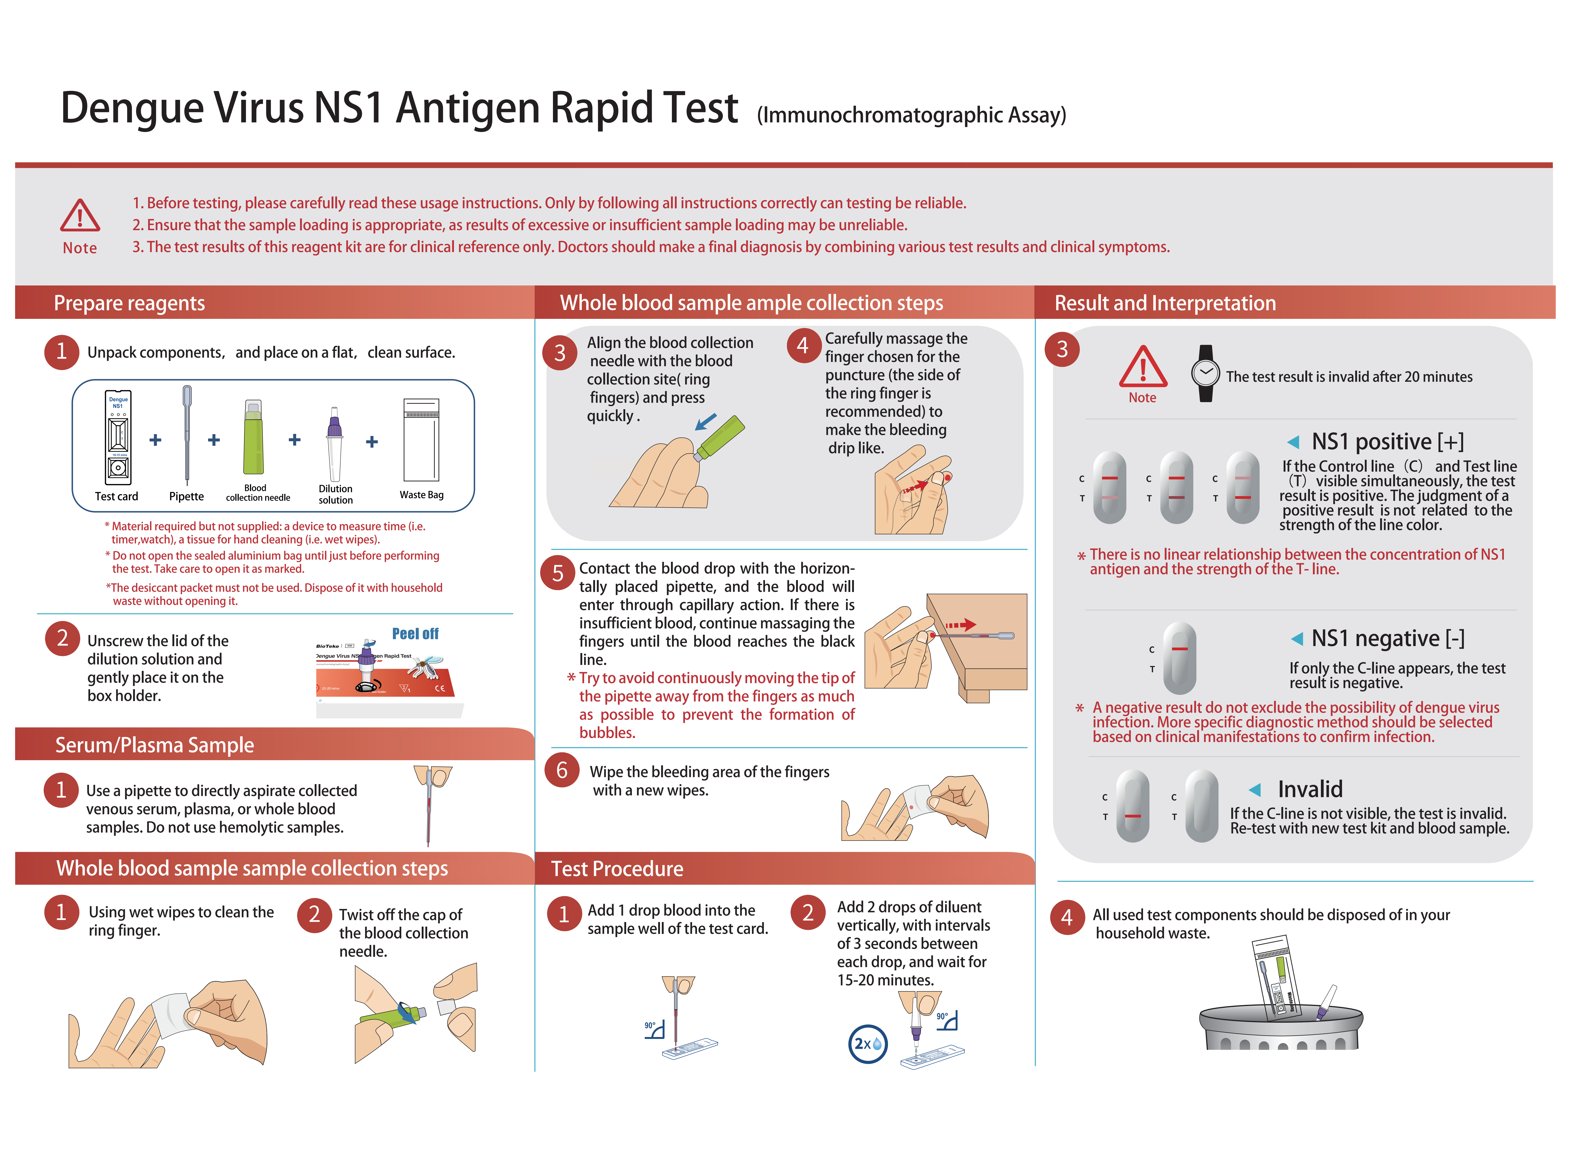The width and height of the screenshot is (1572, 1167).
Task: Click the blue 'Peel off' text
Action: pyautogui.click(x=415, y=634)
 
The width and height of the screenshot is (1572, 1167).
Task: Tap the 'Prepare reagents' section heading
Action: pyautogui.click(x=129, y=303)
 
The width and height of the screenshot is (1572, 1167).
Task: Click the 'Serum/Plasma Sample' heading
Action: pyautogui.click(x=155, y=745)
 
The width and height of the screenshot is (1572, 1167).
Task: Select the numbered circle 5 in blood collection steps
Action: pyautogui.click(x=558, y=573)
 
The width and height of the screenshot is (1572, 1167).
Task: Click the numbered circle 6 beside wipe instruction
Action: pyautogui.click(x=562, y=770)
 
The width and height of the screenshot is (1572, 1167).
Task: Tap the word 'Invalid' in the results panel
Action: pyautogui.click(x=1310, y=789)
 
